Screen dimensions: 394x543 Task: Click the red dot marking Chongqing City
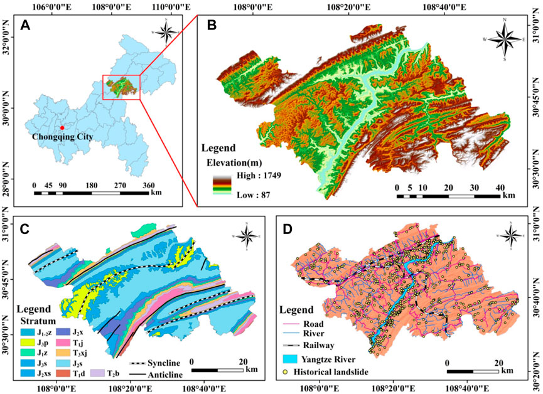coord(62,127)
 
